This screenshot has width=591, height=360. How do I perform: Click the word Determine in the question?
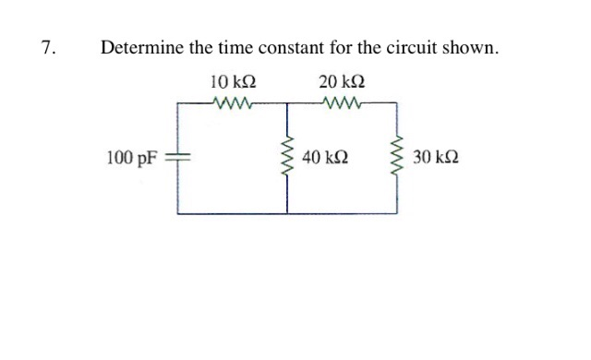point(138,48)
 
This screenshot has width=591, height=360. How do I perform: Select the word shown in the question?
point(475,48)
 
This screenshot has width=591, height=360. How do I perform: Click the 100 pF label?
point(130,159)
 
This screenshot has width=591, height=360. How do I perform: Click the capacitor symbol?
point(178,159)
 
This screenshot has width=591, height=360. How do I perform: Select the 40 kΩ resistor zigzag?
point(287,159)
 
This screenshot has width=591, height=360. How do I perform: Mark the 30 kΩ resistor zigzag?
point(398,159)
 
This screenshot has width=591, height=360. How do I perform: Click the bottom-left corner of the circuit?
point(178,212)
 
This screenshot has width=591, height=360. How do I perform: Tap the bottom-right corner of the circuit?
point(398,212)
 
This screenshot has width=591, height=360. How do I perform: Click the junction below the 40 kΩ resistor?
point(287,212)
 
